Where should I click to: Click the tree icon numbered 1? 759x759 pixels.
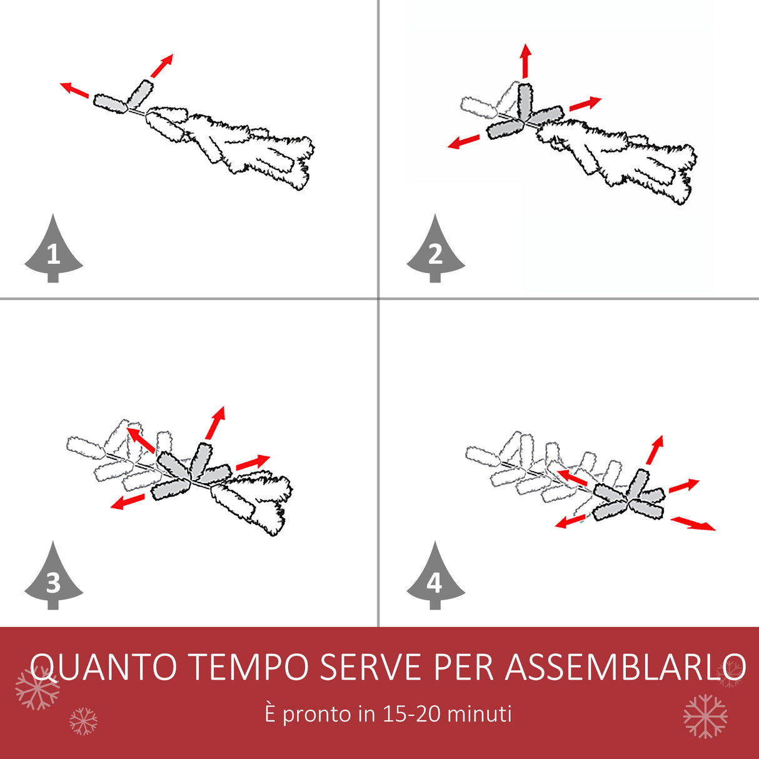coord(53,251)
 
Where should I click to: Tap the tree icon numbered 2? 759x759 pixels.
coord(435,251)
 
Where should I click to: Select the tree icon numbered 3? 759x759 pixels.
coord(53,579)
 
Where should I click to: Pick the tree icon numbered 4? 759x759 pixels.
coord(435,579)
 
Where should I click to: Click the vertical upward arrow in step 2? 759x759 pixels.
coord(526,61)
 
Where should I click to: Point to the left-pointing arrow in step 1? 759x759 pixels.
coord(74,91)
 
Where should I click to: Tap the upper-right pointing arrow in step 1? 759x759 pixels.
coord(162,66)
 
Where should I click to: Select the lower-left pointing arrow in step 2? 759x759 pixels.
coord(464,142)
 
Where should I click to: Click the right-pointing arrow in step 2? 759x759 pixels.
coord(585,103)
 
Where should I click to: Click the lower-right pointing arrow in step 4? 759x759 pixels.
coord(693,523)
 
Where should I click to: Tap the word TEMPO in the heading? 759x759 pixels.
coord(249,667)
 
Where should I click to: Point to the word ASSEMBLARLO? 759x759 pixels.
coord(625,667)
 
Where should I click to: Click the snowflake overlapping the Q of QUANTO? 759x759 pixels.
coord(38,688)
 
